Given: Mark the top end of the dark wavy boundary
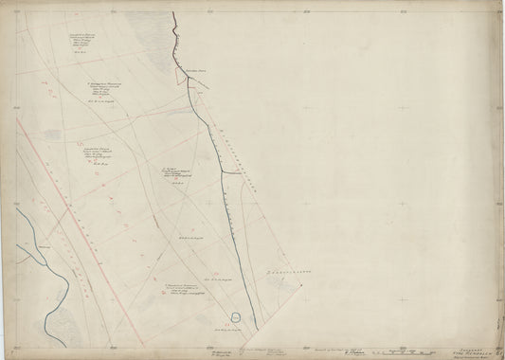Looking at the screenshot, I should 173,13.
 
